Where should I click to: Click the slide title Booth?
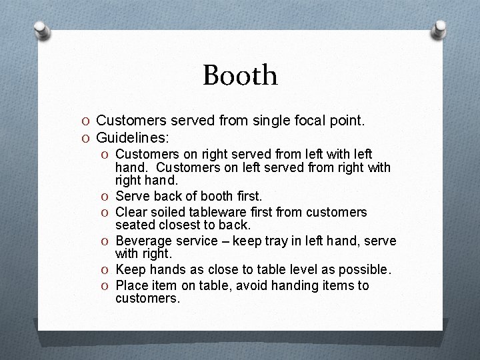click(x=240, y=75)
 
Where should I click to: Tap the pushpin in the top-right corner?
click(x=440, y=29)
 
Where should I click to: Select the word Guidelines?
click(x=133, y=138)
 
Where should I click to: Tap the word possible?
click(x=363, y=269)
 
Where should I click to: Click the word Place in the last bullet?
click(x=131, y=285)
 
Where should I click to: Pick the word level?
click(x=296, y=269)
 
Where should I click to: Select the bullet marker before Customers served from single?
click(x=87, y=121)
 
